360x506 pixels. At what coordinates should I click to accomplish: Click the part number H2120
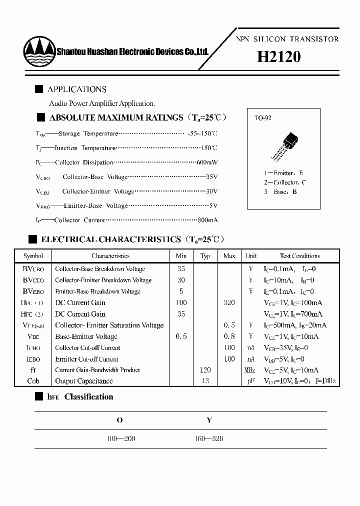[x=278, y=57]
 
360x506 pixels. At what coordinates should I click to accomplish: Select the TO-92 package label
[x=263, y=119]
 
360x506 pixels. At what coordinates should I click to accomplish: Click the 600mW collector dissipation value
[x=206, y=162]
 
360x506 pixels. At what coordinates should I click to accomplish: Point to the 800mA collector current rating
[x=206, y=220]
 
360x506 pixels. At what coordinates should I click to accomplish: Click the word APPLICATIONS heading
[x=76, y=89]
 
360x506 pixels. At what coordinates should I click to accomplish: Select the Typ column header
[x=205, y=256]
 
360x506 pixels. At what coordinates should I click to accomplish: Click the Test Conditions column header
[x=299, y=256]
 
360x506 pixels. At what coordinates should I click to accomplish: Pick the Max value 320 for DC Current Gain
[x=229, y=302]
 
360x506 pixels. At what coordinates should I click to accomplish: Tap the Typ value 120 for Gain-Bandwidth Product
[x=205, y=370]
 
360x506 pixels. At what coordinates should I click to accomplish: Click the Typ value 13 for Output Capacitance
[x=205, y=381]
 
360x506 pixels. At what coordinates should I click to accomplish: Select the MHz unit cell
[x=250, y=370]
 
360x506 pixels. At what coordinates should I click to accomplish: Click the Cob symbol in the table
[x=33, y=381]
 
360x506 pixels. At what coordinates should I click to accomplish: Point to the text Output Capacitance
[x=83, y=381]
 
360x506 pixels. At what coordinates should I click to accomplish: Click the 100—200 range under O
[x=121, y=438]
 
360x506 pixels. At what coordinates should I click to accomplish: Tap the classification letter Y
[x=209, y=420]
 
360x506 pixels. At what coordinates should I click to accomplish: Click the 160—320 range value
[x=208, y=438]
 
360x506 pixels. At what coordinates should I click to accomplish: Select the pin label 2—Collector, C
[x=285, y=182]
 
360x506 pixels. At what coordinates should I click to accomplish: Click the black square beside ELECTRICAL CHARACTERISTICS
[x=32, y=239]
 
